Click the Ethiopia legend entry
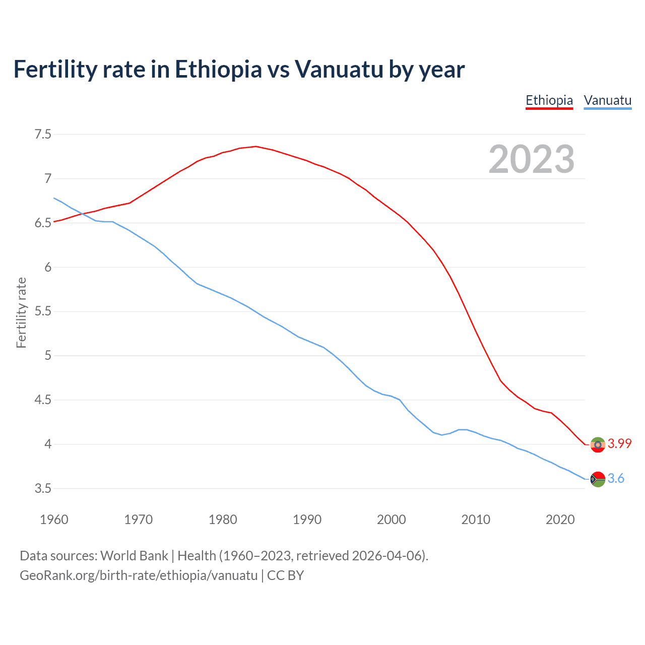click(x=549, y=100)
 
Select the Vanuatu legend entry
click(x=607, y=100)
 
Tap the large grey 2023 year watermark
click(x=531, y=159)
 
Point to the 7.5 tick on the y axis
click(x=43, y=134)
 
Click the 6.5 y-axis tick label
click(x=43, y=223)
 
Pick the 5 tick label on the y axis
click(x=48, y=356)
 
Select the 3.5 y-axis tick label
click(x=43, y=488)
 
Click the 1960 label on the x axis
click(x=54, y=520)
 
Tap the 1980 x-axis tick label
click(x=223, y=520)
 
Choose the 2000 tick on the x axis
click(x=391, y=520)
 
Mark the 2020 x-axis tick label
click(x=560, y=520)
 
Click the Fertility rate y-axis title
click(x=21, y=312)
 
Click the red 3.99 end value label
click(x=619, y=443)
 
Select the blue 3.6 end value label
click(x=616, y=478)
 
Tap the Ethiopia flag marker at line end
click(x=598, y=444)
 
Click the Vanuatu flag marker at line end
click(x=598, y=479)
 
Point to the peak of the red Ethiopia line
click(x=256, y=146)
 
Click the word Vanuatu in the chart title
click(x=339, y=69)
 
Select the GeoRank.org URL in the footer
click(x=139, y=575)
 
